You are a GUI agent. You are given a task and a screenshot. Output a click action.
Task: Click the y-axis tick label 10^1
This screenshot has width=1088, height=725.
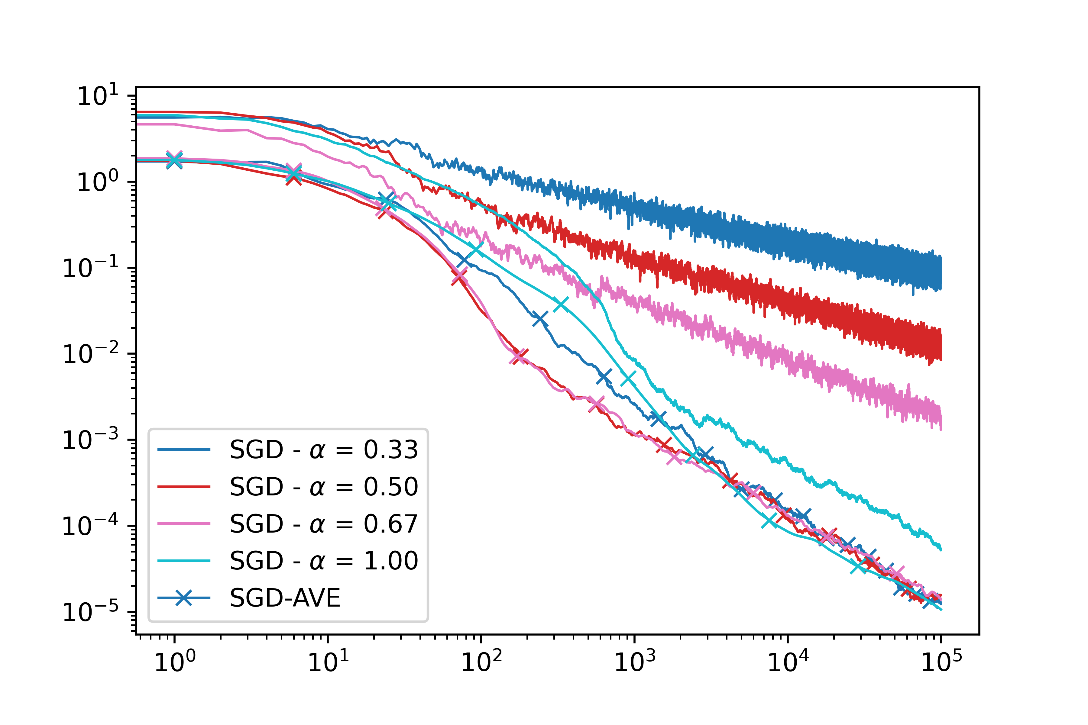coord(98,96)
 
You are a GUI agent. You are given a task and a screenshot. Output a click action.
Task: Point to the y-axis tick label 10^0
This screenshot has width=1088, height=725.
coord(98,182)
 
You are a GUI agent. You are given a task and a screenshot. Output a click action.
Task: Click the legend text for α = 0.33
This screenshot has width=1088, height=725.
coord(324,449)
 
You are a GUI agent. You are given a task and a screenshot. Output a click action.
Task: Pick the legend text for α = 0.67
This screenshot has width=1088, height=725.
coord(324,524)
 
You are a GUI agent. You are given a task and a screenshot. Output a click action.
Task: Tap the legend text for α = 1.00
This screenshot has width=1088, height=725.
coord(324,561)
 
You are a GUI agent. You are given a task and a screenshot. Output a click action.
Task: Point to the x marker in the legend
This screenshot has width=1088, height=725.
coord(184,598)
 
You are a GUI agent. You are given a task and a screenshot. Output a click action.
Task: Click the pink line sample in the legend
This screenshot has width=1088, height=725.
coord(184,524)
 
